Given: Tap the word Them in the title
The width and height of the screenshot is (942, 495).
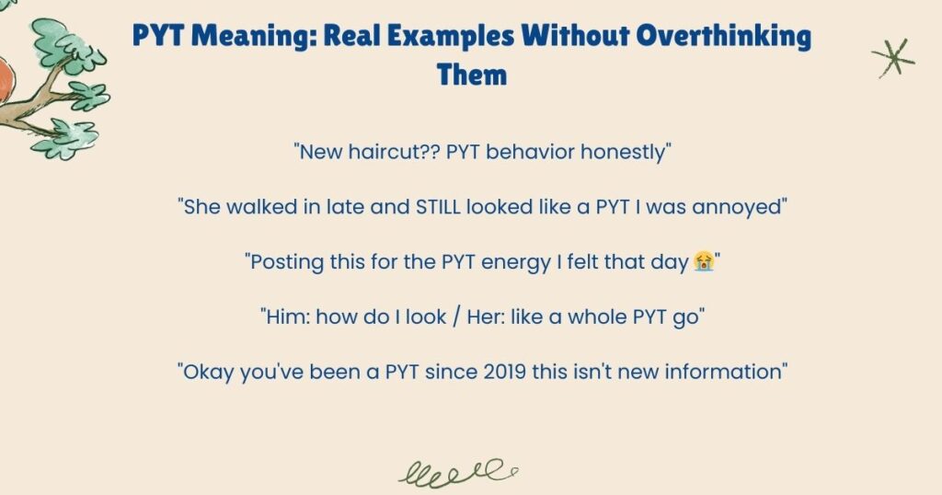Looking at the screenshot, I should (x=472, y=74).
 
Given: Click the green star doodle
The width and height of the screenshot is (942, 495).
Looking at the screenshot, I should (x=892, y=58).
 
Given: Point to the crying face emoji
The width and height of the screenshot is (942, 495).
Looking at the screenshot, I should (x=704, y=263).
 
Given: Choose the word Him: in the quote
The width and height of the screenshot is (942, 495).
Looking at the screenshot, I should (x=283, y=318).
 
